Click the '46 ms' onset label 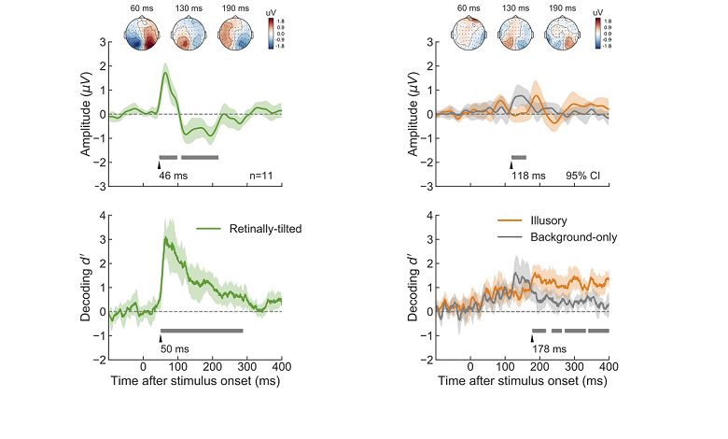click(x=172, y=175)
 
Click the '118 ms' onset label click(x=525, y=175)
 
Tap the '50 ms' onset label click(x=175, y=348)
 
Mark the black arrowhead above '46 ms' click(x=158, y=165)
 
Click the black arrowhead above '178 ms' click(x=532, y=339)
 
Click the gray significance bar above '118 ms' click(x=518, y=157)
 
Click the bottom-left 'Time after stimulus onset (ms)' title click(x=195, y=381)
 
